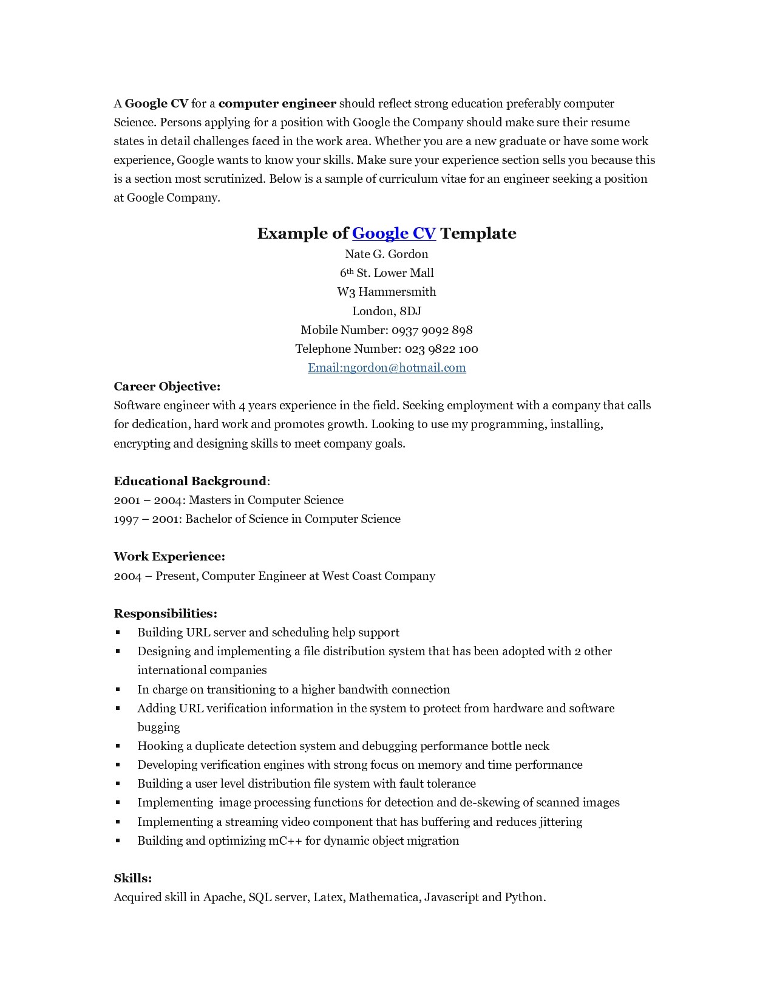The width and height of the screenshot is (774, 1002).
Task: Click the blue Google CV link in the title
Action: [393, 233]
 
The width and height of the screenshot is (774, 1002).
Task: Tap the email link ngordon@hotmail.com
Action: [387, 367]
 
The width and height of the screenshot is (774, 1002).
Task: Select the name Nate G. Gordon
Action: [387, 254]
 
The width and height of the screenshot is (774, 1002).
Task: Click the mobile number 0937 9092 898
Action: [432, 330]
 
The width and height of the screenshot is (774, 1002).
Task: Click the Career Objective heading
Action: [167, 386]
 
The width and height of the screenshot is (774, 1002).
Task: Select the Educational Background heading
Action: [190, 481]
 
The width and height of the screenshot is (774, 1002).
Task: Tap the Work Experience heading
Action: [169, 556]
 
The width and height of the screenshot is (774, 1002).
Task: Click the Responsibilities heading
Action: [165, 613]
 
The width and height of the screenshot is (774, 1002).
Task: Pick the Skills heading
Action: [132, 878]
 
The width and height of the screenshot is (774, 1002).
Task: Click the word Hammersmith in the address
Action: [397, 291]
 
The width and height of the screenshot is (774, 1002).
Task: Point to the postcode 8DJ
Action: [410, 311]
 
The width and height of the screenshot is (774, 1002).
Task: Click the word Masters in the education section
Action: [209, 500]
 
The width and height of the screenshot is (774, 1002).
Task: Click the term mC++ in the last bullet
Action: [285, 840]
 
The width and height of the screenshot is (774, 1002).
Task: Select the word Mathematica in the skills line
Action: [384, 897]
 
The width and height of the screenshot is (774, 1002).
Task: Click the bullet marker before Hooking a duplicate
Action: [118, 746]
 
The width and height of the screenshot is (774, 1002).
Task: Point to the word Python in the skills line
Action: [524, 897]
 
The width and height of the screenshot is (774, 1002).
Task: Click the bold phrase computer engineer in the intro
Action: [277, 103]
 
